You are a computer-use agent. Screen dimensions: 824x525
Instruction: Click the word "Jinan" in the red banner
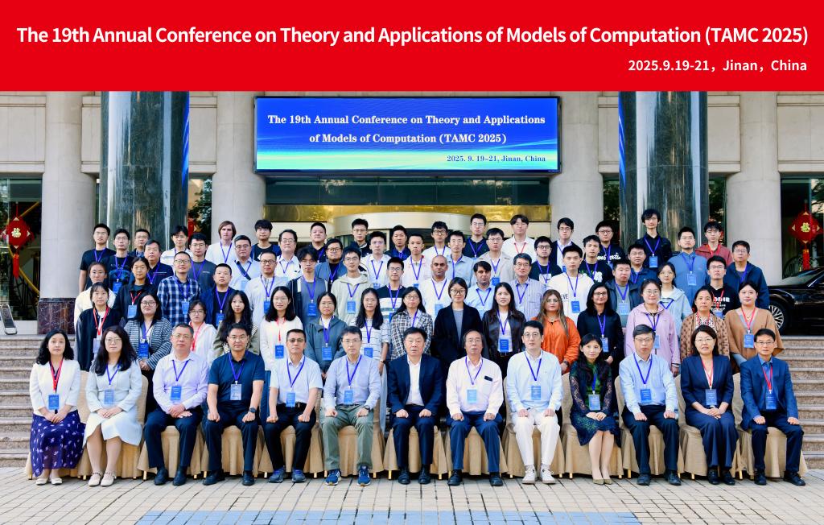click(740, 66)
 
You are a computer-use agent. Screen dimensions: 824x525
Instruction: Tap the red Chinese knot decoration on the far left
click(18, 237)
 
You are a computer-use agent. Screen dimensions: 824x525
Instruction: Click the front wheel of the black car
click(779, 315)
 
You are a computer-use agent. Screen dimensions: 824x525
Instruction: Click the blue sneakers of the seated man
click(348, 476)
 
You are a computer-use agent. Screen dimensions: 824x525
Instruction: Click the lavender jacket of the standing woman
click(652, 333)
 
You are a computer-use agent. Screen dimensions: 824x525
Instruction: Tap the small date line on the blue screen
click(496, 159)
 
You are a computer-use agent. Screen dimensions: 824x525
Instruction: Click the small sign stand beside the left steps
click(7, 318)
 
